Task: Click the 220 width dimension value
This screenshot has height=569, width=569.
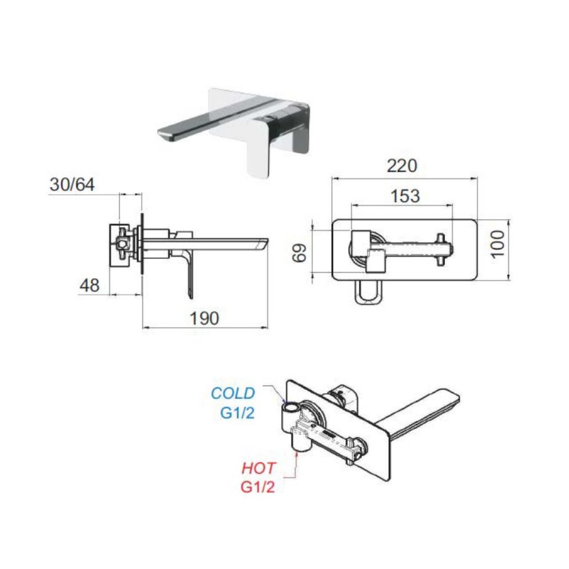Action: [402, 166]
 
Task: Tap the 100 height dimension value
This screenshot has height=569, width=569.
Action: [499, 243]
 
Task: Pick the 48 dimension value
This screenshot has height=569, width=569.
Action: [89, 285]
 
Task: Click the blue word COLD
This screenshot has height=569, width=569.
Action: [233, 393]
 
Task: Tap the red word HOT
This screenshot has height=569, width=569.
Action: [260, 468]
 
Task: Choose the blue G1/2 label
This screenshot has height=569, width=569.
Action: [237, 413]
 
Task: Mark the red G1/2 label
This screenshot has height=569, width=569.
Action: [258, 487]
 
